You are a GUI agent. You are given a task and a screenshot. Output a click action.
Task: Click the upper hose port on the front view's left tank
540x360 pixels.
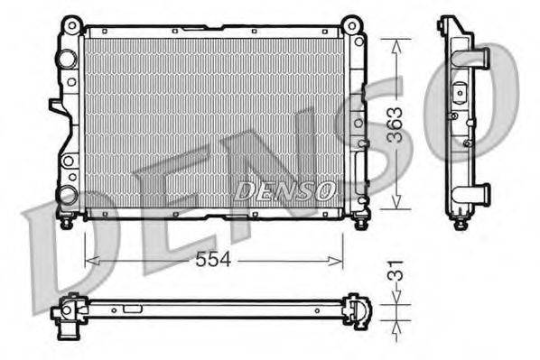65,60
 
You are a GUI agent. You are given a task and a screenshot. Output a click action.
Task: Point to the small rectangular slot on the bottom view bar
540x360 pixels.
133,308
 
